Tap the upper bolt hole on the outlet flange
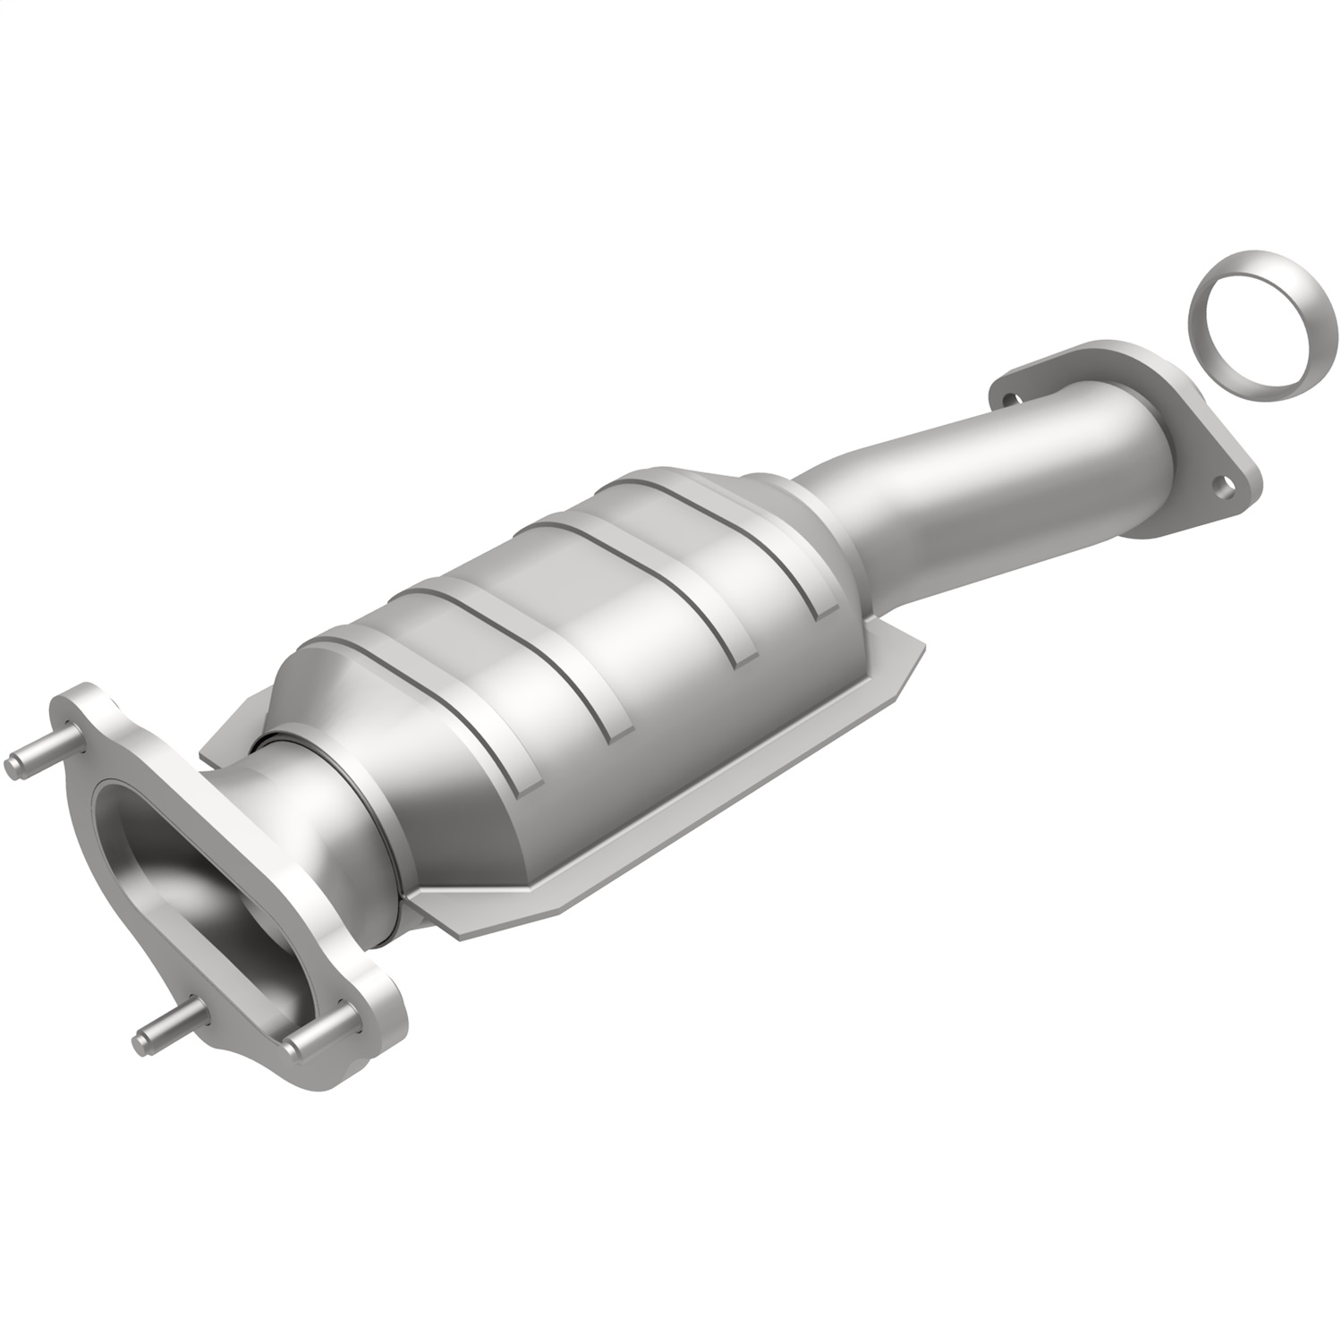tap(1008, 400)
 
